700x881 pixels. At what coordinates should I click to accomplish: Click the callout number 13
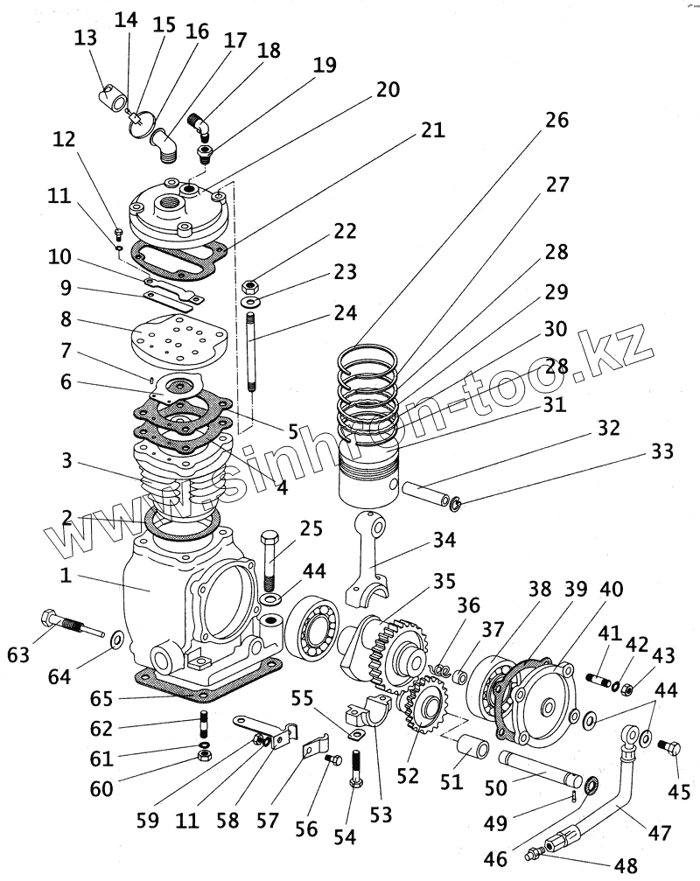(x=86, y=38)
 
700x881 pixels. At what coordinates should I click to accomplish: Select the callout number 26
(x=556, y=120)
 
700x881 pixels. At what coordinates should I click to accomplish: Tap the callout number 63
(x=18, y=654)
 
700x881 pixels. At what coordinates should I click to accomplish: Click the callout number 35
(x=444, y=581)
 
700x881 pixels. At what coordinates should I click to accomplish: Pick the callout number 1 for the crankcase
(x=66, y=575)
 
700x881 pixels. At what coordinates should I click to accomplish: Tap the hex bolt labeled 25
(x=270, y=558)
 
